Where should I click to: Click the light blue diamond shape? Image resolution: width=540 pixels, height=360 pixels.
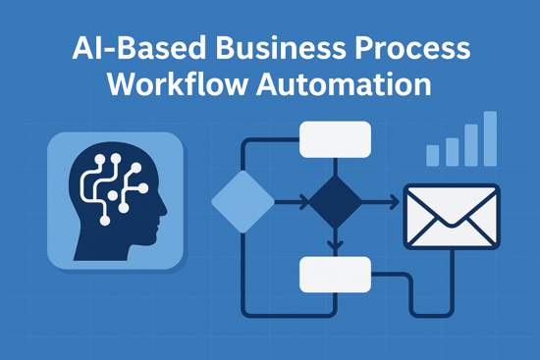[243, 202]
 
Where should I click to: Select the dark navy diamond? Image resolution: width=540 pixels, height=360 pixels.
[334, 202]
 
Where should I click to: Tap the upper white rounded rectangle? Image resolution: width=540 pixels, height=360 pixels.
[334, 140]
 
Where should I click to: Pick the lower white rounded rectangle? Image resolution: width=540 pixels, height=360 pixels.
[334, 274]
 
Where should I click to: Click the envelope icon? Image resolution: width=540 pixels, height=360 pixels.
[452, 215]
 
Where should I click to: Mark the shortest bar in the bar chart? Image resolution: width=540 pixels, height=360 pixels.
[432, 155]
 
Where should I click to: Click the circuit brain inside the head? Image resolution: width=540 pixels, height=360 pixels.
[110, 186]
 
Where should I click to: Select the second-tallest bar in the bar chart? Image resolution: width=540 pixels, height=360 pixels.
[470, 145]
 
